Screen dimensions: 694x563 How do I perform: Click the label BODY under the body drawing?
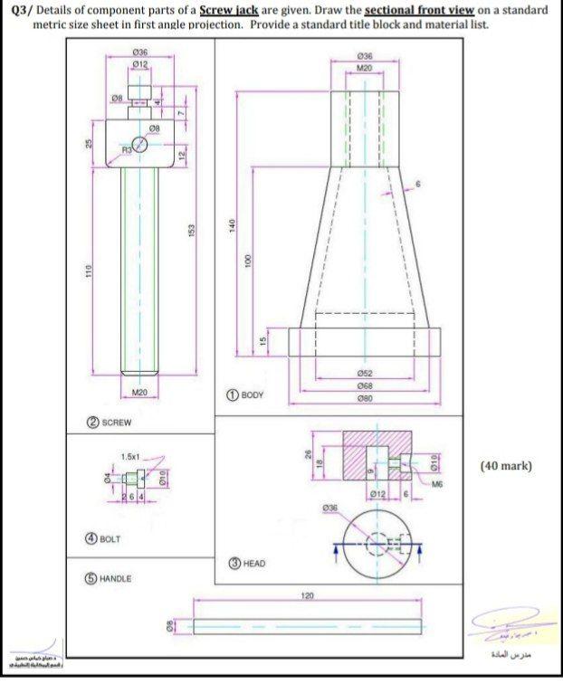[x=253, y=395]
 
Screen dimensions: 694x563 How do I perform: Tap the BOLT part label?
[x=109, y=538]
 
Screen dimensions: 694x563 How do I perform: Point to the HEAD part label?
[x=254, y=563]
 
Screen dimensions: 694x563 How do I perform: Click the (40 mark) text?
[x=505, y=466]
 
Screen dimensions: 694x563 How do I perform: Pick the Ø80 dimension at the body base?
[x=364, y=399]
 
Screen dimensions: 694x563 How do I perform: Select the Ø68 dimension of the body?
[x=364, y=386]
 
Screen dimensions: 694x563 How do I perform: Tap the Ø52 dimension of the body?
[x=364, y=374]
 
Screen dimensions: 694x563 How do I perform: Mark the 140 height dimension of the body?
[x=233, y=223]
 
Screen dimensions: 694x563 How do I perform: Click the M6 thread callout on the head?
[x=437, y=484]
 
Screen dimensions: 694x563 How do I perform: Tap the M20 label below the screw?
[x=138, y=392]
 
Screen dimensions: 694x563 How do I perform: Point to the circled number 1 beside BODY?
[x=233, y=395]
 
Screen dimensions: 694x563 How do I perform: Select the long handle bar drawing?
[x=308, y=626]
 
